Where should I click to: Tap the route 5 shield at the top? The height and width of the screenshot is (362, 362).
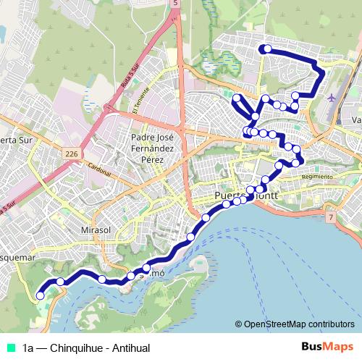pos(174,4)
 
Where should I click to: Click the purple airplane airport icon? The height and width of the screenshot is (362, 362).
pos(332,98)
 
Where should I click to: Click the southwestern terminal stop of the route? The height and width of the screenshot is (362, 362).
pos(41,295)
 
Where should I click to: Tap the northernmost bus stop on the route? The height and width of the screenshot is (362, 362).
pos(267,49)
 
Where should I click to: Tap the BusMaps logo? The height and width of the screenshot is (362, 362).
pos(327,347)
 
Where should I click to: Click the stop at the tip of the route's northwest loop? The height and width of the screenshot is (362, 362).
pos(237,97)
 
